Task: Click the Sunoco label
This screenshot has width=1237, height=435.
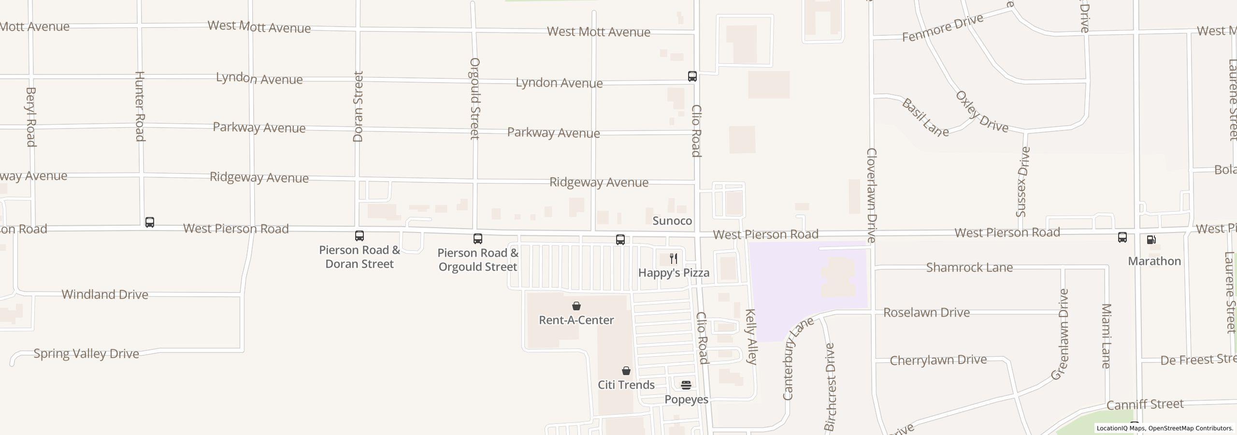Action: (672, 221)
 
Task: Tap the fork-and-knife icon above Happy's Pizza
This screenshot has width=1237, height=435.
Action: (674, 259)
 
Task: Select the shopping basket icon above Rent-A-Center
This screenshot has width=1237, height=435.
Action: (576, 306)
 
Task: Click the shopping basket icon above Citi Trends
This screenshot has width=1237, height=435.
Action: (626, 371)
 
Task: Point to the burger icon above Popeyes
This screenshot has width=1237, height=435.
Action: (686, 385)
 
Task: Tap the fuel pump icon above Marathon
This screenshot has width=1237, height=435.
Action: (1151, 240)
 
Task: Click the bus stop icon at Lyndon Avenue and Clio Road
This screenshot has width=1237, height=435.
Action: (692, 76)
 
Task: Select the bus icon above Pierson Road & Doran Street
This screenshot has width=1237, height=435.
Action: (360, 236)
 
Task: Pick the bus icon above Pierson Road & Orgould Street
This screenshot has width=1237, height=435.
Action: (478, 239)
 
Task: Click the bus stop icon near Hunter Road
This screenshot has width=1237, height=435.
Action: (150, 222)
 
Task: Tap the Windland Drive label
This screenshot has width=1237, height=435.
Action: (105, 294)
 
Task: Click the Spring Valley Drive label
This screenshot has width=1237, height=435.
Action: (86, 354)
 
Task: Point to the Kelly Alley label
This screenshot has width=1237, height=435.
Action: (751, 336)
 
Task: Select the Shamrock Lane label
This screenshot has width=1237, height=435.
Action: (969, 267)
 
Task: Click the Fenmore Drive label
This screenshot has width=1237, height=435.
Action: (943, 28)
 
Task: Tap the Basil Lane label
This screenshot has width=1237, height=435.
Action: (925, 117)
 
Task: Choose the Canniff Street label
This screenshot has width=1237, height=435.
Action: (1145, 404)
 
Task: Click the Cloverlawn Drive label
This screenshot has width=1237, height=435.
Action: (871, 195)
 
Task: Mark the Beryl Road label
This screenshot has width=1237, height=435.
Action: (31, 116)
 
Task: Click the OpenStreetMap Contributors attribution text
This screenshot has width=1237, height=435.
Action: (1191, 428)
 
